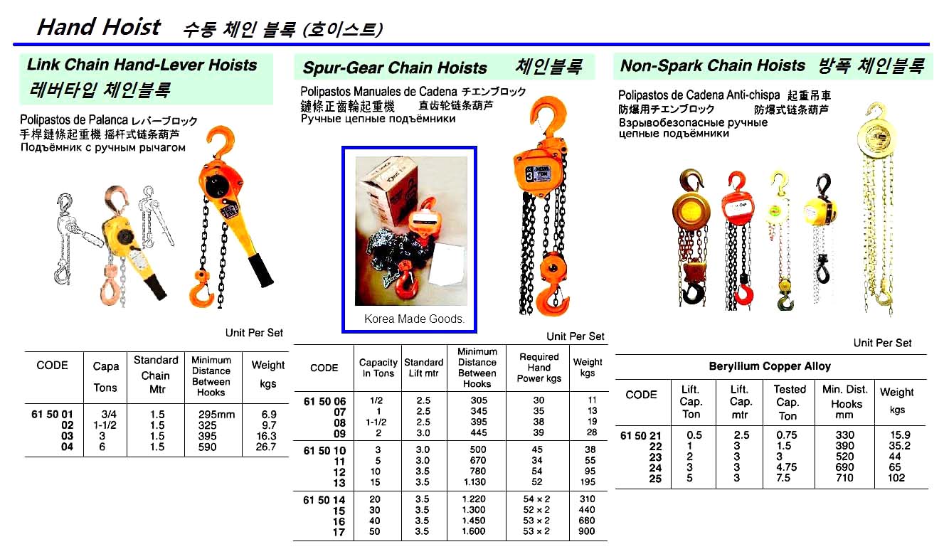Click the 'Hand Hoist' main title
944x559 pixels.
pyautogui.click(x=98, y=27)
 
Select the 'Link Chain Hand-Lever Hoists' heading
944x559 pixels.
pyautogui.click(x=142, y=65)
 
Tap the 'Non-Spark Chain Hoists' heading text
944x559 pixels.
pyautogui.click(x=712, y=66)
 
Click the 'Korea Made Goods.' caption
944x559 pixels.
pyautogui.click(x=414, y=319)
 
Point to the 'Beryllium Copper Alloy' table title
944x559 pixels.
pyautogui.click(x=770, y=366)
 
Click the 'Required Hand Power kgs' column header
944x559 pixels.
pyautogui.click(x=539, y=368)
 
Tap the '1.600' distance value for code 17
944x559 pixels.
pyautogui.click(x=473, y=531)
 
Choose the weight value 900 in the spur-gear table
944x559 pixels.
pyautogui.click(x=588, y=531)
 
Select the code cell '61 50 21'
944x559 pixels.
pyautogui.click(x=642, y=435)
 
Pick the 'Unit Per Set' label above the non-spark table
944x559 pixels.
pyautogui.click(x=882, y=343)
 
